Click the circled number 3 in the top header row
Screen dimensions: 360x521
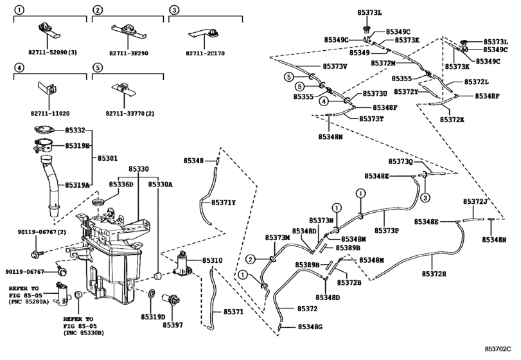(173, 10)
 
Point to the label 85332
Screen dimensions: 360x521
(75, 130)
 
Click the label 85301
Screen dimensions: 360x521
(108, 157)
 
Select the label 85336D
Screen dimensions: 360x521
(121, 184)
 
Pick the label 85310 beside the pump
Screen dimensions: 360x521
(213, 261)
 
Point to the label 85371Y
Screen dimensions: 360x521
(224, 203)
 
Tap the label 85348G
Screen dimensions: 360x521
(310, 327)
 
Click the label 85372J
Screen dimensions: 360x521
(477, 201)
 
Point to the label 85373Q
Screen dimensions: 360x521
(402, 161)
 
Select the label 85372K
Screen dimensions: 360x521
(454, 120)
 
